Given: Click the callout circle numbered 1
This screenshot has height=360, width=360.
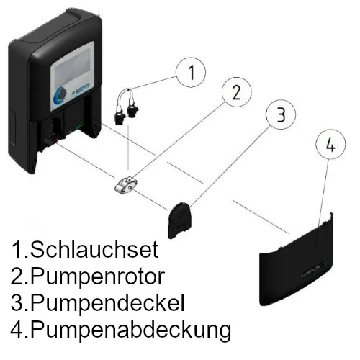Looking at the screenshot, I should coord(190,72).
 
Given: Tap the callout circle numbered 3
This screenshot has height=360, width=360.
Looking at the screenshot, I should coord(280,114).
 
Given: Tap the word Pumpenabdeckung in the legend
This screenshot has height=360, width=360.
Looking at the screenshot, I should coord(123,331).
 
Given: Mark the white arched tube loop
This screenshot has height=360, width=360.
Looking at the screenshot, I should coord(128,91).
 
